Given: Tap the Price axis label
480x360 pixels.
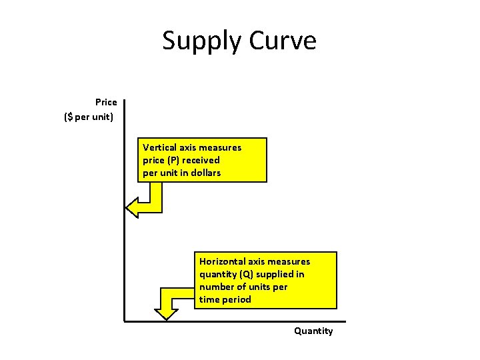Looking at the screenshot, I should coord(106,102).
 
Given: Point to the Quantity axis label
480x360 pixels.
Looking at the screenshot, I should coord(313,331).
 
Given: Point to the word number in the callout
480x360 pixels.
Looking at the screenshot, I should coord(215,287).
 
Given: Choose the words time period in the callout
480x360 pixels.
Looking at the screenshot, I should coord(225,299).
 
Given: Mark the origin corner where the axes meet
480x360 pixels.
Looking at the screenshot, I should coord(124,321).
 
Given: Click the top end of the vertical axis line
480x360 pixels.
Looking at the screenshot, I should coord(124,101).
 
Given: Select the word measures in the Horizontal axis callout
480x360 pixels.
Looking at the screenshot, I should coord(290,261).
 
